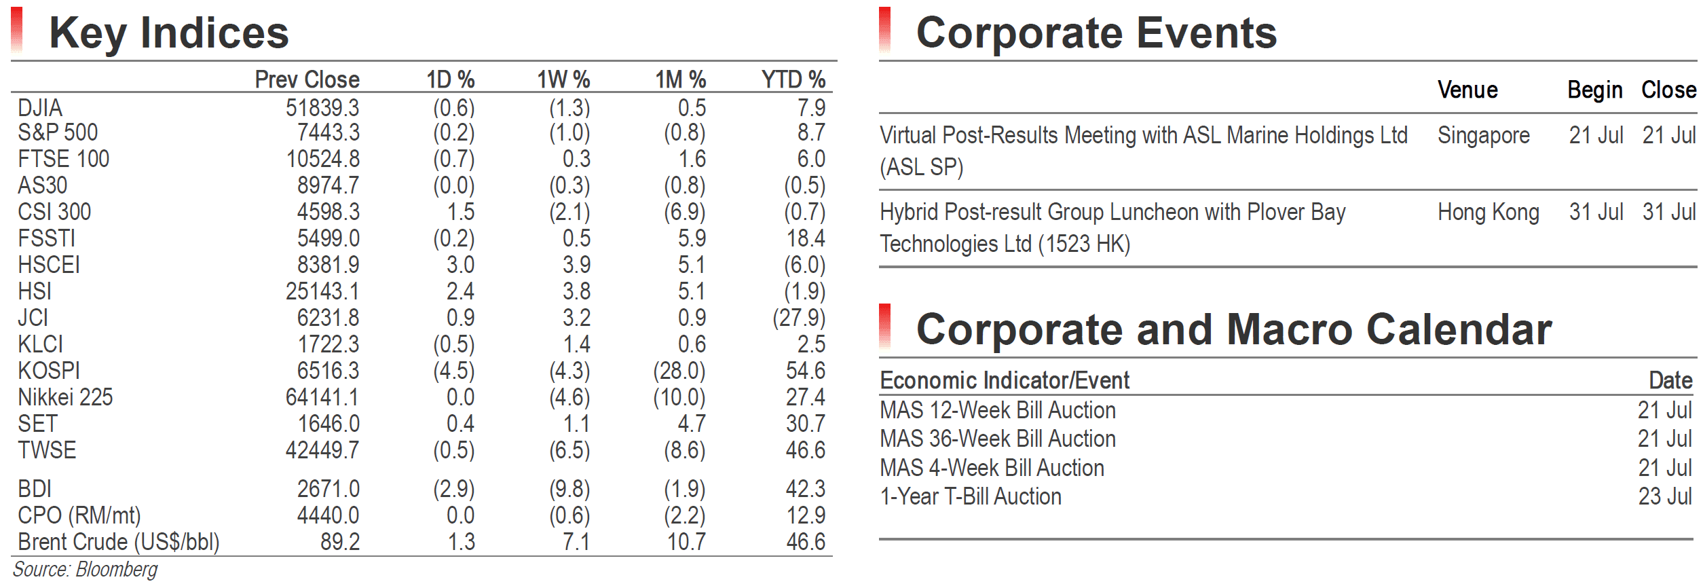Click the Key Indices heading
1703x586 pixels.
click(x=169, y=33)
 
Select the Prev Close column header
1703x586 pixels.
click(x=307, y=79)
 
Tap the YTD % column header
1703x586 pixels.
click(x=793, y=79)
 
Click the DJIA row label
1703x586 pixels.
click(x=40, y=108)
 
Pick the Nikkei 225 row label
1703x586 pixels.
click(x=65, y=397)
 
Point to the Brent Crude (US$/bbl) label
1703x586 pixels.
click(x=119, y=542)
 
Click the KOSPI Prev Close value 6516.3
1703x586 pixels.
click(x=328, y=371)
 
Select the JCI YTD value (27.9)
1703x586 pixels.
click(x=799, y=318)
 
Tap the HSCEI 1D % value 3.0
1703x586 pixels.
click(x=460, y=265)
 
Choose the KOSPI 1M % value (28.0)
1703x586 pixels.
click(x=679, y=371)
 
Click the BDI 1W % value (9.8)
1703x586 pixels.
click(x=569, y=489)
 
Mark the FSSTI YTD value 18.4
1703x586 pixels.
click(x=806, y=238)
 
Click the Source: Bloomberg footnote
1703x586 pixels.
click(x=85, y=569)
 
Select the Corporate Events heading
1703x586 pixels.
click(x=1096, y=33)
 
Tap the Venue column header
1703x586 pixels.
click(x=1467, y=90)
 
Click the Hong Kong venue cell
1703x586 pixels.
click(x=1488, y=213)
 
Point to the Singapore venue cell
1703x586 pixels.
click(x=1484, y=136)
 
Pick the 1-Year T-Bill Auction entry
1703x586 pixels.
click(x=971, y=496)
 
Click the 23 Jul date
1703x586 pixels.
click(x=1665, y=496)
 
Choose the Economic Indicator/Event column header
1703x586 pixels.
click(x=1005, y=380)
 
